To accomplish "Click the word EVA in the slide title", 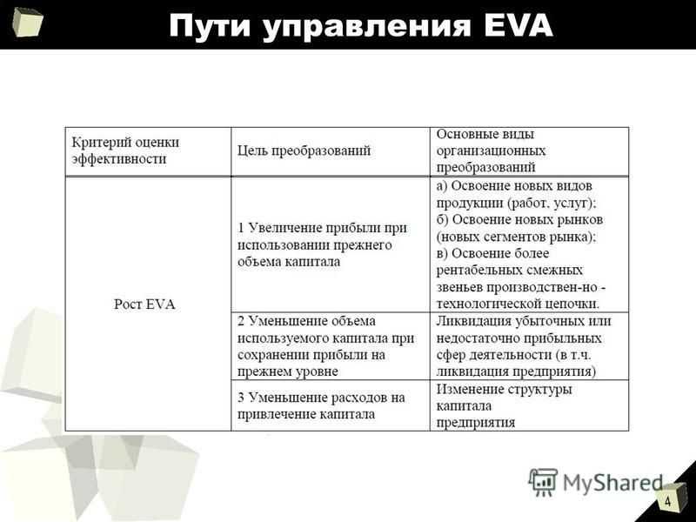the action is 519,25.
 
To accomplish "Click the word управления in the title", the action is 366,27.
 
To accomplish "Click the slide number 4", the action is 667,502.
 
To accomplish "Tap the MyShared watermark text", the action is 612,483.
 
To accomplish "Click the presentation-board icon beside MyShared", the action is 543,482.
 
